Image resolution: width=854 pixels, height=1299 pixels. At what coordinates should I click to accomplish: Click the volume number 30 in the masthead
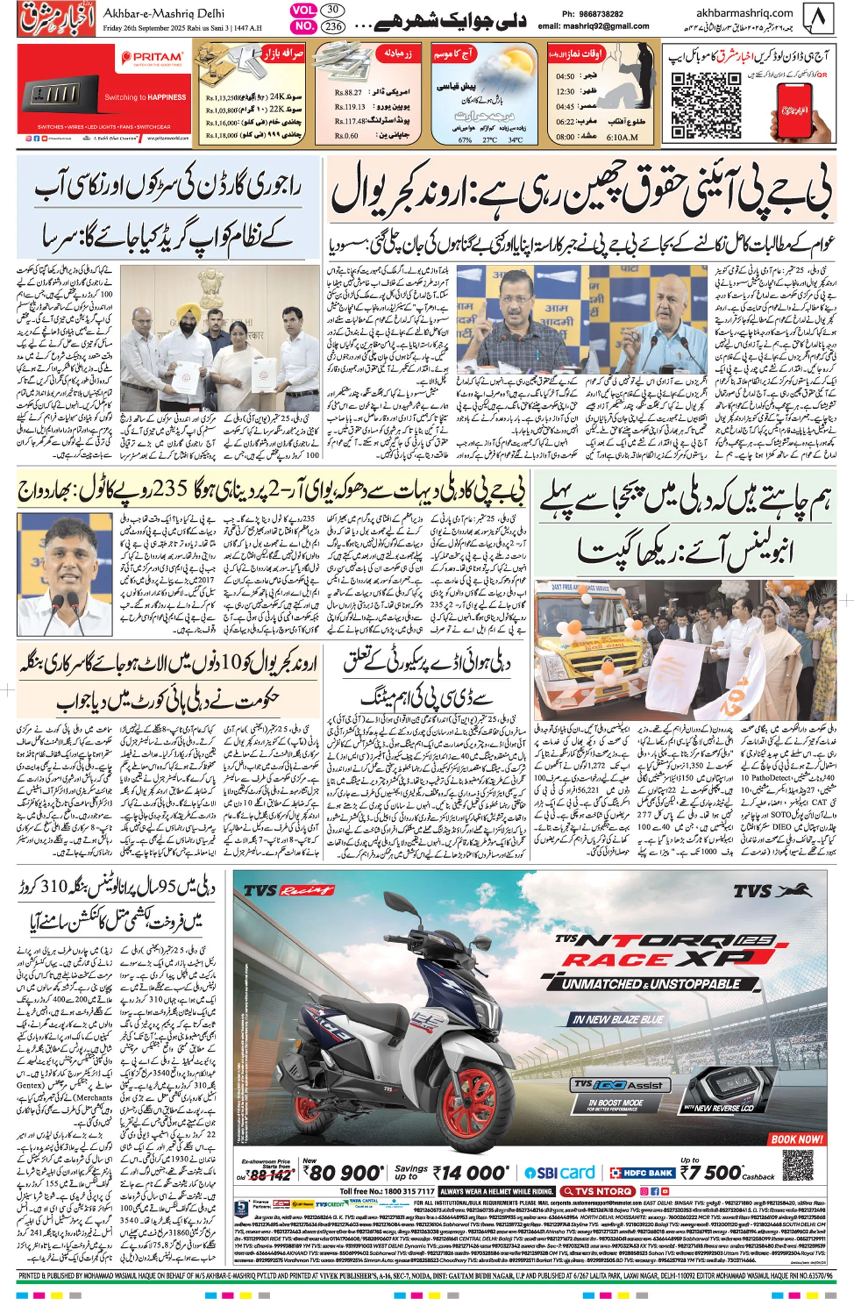point(332,10)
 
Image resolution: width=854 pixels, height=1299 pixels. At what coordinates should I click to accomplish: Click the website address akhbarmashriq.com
point(744,13)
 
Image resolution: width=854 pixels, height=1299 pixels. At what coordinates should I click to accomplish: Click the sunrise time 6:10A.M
point(622,137)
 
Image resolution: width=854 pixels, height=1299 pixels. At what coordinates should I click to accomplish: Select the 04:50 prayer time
point(565,77)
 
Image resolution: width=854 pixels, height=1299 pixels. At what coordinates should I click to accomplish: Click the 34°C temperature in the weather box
point(515,140)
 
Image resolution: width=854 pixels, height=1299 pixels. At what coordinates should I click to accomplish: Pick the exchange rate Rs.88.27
point(348,93)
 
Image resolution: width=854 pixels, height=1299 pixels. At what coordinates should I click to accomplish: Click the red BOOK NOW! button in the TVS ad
point(797,1139)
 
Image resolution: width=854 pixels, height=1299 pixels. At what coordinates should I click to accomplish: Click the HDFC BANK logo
point(643,1173)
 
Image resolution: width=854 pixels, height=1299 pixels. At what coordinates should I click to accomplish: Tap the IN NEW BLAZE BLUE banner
point(618,1019)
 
